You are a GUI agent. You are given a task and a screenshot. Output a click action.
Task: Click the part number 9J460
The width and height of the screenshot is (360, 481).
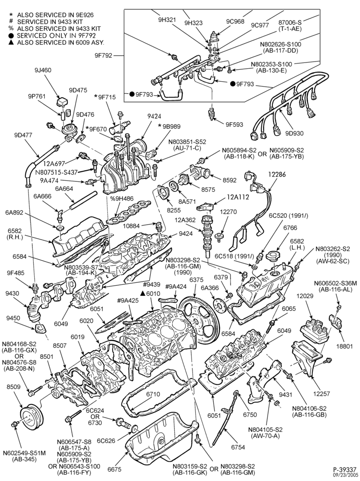43,70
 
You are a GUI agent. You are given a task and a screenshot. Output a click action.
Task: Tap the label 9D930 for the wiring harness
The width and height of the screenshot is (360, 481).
294,133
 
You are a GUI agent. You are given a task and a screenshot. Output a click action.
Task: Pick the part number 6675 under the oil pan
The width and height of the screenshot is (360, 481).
115,469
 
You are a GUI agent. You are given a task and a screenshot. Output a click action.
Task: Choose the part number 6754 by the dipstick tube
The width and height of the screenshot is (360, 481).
238,447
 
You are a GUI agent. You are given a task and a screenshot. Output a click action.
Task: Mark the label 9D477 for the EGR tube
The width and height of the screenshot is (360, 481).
23,135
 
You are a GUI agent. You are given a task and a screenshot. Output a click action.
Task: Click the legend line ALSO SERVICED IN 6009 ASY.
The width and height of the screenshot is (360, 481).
61,42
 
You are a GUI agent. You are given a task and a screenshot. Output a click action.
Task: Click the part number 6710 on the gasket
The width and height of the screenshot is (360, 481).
153,394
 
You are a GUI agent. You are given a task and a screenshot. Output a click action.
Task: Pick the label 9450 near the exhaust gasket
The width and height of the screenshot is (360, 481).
14,318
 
